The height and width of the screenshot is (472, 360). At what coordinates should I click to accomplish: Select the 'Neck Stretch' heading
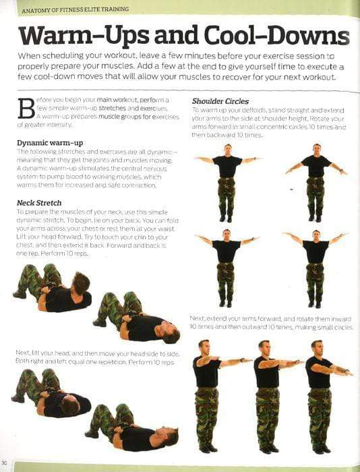39,202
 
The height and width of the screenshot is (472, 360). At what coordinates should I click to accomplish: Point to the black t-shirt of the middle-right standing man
315,250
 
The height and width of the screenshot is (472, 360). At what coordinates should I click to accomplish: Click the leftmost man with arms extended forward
208,394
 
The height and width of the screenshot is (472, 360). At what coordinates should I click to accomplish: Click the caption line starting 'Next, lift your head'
94,353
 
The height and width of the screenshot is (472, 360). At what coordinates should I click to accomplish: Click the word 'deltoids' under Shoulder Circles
254,109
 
